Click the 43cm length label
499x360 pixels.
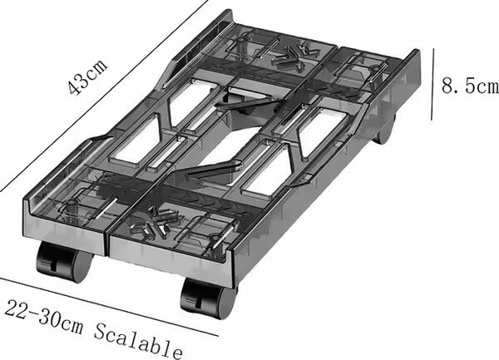click(x=87, y=76)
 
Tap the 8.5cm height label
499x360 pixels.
click(x=470, y=86)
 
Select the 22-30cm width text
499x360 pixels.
click(x=44, y=316)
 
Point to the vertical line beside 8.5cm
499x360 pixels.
click(x=432, y=84)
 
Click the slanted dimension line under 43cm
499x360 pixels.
click(x=104, y=96)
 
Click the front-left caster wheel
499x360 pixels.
click(x=64, y=261)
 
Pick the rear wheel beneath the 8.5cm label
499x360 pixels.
click(x=384, y=131)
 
